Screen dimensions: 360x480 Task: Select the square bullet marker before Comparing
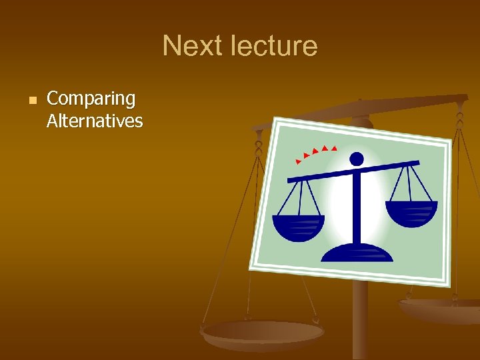[31, 100]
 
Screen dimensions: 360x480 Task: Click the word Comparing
[91, 99]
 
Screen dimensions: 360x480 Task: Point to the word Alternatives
[95, 121]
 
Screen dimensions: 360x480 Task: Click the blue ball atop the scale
[357, 159]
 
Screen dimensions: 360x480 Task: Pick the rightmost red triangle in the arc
[335, 147]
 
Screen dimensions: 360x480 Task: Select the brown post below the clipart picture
[360, 320]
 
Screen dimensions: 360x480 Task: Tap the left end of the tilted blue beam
[290, 180]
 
